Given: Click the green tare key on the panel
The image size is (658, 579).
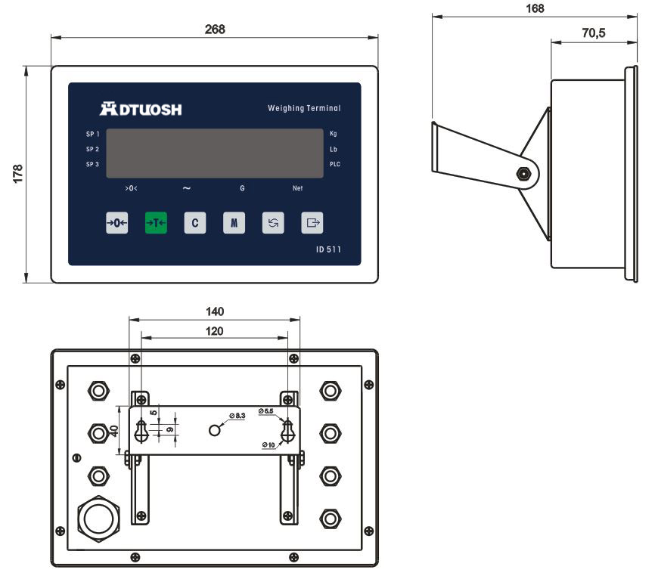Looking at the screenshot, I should point(156,223).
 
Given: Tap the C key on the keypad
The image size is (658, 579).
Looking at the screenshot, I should point(195,223).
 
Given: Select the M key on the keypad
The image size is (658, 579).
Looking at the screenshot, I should point(234,223).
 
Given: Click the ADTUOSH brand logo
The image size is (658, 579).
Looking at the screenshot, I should point(141,109).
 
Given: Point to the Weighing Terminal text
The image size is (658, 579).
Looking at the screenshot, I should point(304,108).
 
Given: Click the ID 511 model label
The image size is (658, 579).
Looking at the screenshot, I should point(328,249).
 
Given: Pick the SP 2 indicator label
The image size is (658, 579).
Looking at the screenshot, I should point(92,149).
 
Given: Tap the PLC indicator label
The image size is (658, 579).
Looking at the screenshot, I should point(335,164).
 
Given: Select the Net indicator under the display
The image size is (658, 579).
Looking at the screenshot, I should point(297,188).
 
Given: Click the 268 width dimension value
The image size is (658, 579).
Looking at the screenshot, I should point(215,29).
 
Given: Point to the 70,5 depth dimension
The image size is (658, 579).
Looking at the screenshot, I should point(593,33).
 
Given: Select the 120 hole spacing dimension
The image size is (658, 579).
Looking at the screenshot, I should point(215,331).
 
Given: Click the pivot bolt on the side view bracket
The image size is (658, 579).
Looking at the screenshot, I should point(522,173).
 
